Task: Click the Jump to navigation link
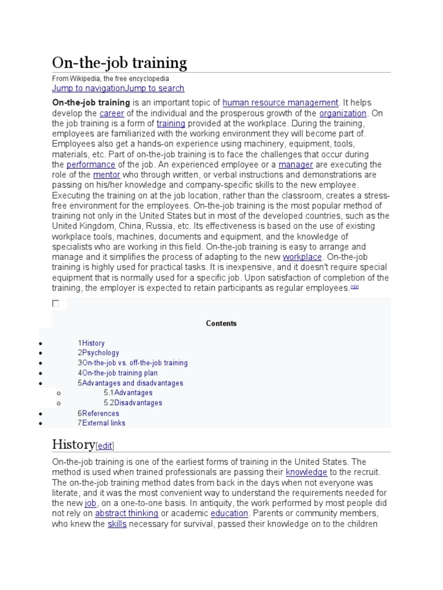[x=88, y=88]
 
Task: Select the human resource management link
[x=280, y=103]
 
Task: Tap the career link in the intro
[x=111, y=114]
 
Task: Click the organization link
[x=343, y=114]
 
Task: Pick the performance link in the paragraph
[x=91, y=164]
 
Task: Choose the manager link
[x=295, y=164]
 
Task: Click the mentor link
[x=106, y=175]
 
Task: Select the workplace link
[x=302, y=257]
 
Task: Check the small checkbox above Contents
[x=56, y=303]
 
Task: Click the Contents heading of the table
[x=221, y=323]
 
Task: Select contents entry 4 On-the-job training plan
[x=119, y=373]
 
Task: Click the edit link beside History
[x=106, y=445]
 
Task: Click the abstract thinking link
[x=126, y=513]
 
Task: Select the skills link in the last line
[x=117, y=524]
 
